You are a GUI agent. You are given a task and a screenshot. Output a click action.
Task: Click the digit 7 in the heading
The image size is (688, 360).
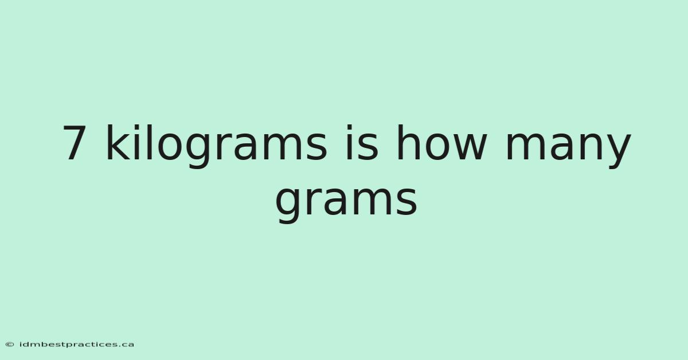pos(75,143)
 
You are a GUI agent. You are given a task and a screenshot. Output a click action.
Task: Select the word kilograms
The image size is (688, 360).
pos(217,146)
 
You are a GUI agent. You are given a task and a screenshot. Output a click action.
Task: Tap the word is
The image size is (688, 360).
pos(362,143)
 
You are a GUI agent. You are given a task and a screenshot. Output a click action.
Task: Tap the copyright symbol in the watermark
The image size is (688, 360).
pos(10,345)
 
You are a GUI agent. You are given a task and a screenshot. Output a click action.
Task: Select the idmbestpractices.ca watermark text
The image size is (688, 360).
pos(76,345)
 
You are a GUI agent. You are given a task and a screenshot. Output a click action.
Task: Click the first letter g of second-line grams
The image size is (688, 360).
pos(287,206)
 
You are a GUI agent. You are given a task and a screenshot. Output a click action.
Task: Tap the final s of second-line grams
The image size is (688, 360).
pos(407,202)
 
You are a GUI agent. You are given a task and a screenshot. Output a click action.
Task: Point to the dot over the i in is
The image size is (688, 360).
pos(349,127)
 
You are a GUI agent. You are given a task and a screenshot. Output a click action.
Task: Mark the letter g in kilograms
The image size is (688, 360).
pos(197,151)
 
